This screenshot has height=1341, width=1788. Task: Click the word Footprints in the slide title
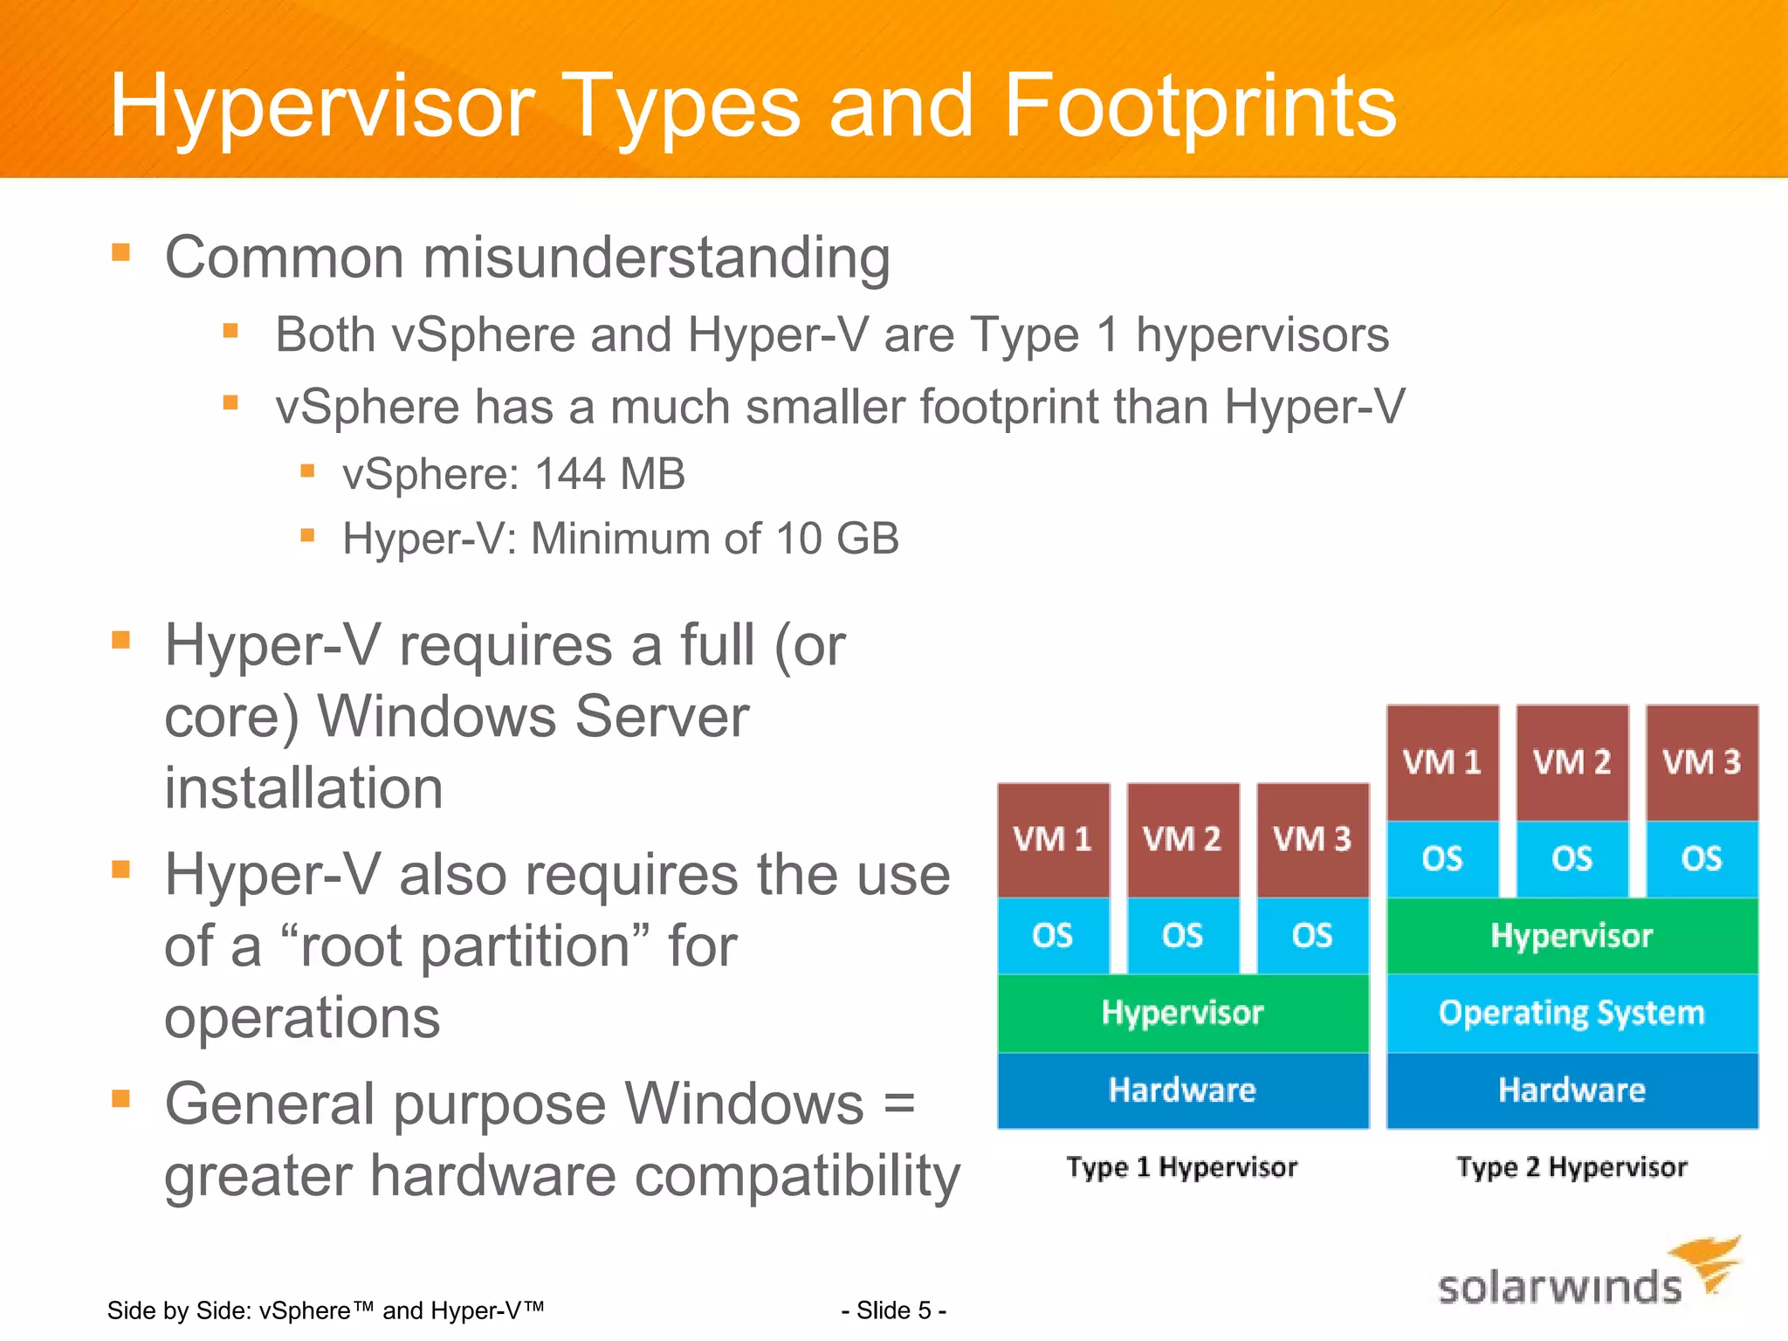(1200, 107)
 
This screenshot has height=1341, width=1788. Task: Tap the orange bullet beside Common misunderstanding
(121, 253)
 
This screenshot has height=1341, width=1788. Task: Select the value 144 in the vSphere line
(569, 474)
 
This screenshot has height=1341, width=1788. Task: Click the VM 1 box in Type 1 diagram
(1053, 839)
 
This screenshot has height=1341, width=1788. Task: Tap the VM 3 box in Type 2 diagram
(1702, 762)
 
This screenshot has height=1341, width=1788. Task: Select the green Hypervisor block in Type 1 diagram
(1182, 1013)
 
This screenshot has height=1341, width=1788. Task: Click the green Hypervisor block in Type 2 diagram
(1571, 936)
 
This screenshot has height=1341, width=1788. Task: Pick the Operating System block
(1571, 1013)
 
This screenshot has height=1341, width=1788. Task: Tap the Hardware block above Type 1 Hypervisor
(1182, 1090)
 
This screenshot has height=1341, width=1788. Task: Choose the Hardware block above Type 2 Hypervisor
(1571, 1090)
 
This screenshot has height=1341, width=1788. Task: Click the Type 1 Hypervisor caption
(1182, 1167)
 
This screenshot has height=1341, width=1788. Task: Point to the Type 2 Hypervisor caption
(1571, 1167)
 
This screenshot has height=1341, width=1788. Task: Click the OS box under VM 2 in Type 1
(1182, 936)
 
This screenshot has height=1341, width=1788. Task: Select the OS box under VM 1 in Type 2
(1442, 858)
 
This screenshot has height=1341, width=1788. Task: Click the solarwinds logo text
(1559, 1287)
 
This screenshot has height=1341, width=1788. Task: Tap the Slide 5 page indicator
(894, 1310)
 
